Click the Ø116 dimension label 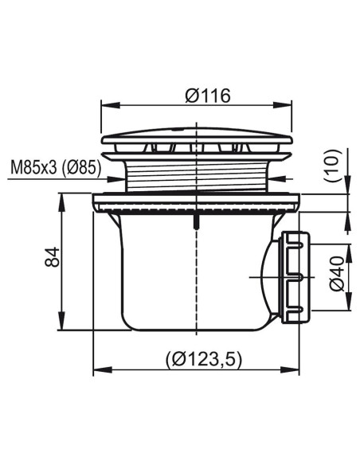(x=208, y=96)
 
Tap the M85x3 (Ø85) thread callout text (x=56, y=169)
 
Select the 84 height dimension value (x=53, y=257)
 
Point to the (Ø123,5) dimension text (x=204, y=359)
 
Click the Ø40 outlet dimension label (x=337, y=275)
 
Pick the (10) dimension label (x=333, y=166)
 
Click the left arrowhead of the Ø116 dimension (x=111, y=105)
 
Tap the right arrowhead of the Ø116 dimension (x=282, y=105)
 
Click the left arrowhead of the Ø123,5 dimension (x=103, y=369)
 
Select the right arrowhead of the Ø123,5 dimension (x=290, y=369)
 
